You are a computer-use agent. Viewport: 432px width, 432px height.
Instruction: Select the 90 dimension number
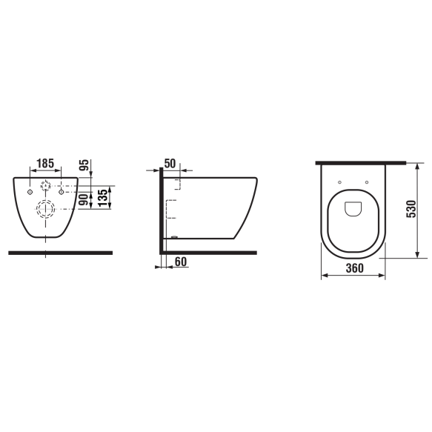[x=84, y=199]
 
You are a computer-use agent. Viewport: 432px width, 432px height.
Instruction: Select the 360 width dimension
[x=353, y=268]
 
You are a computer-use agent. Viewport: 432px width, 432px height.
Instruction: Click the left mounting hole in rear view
[x=29, y=192]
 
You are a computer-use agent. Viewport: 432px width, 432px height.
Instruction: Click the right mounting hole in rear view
[x=62, y=192]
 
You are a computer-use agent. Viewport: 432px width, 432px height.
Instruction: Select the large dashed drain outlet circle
[x=45, y=209]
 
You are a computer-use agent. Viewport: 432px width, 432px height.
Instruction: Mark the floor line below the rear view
[x=59, y=253]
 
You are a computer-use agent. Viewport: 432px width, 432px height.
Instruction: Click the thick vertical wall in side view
[x=160, y=211]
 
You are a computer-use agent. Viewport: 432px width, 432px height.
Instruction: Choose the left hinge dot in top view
[x=339, y=182]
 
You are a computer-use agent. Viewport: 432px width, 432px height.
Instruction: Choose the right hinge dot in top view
[x=368, y=182]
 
